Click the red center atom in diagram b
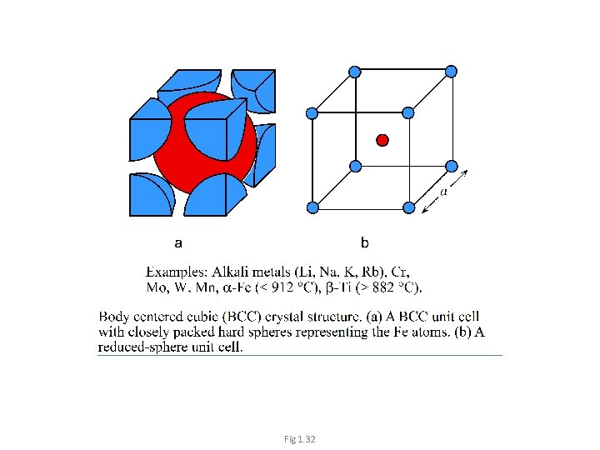coord(382,139)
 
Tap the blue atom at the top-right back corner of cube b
coord(451,72)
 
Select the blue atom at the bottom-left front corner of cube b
coord(312,207)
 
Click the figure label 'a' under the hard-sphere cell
coord(177,243)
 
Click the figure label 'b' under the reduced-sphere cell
coord(364,243)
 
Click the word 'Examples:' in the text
coord(176,272)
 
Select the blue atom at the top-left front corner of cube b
coord(312,112)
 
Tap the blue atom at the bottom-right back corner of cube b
coord(451,166)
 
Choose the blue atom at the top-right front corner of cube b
coord(408,112)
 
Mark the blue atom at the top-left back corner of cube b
coord(355,72)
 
